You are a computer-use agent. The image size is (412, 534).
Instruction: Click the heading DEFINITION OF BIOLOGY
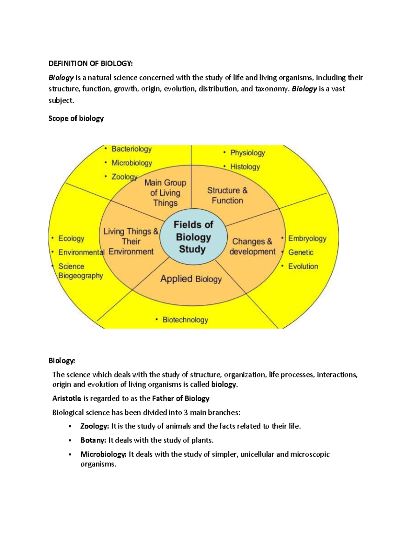tap(90, 64)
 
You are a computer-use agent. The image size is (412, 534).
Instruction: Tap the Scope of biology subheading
tap(76, 119)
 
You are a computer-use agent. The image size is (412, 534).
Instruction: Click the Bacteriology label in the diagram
tap(131, 149)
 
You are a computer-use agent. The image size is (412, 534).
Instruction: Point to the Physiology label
tap(247, 153)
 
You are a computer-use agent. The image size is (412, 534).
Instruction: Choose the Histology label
tap(245, 167)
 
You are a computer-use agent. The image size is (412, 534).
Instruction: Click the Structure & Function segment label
tap(227, 195)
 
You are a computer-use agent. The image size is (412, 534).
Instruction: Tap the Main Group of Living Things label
tap(165, 193)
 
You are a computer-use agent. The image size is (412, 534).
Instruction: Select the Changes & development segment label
tap(252, 247)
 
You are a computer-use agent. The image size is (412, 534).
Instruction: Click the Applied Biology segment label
tap(191, 279)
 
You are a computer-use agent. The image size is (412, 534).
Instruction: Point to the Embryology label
tap(307, 239)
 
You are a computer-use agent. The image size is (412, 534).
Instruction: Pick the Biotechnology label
tap(185, 320)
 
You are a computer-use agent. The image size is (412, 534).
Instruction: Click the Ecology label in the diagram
tap(71, 239)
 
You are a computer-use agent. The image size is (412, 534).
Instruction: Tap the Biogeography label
tap(81, 276)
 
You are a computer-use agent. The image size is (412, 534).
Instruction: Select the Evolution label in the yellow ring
tap(303, 266)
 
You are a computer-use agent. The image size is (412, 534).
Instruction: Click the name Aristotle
tap(67, 399)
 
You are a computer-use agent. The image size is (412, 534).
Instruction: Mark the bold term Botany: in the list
tap(93, 440)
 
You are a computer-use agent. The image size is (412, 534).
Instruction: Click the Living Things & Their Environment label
tap(131, 241)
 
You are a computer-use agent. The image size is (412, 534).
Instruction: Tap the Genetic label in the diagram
tap(300, 252)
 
